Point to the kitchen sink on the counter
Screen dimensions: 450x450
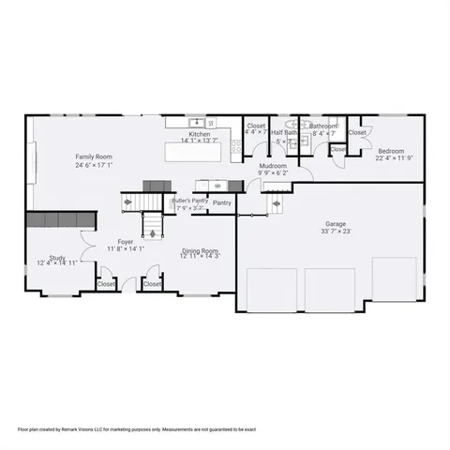(x=197, y=123)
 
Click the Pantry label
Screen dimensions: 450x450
(x=222, y=202)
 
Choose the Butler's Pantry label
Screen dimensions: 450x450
(x=188, y=200)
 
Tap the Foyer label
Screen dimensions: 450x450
(x=125, y=242)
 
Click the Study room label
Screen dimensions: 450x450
(x=57, y=257)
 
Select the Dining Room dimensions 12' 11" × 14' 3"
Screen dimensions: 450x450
(x=200, y=256)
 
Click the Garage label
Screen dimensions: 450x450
(x=336, y=224)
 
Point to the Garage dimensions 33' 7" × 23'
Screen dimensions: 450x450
(x=336, y=232)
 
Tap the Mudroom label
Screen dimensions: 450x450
(x=273, y=166)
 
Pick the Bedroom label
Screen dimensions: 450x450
(x=391, y=151)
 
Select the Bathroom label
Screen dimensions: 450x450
(x=323, y=126)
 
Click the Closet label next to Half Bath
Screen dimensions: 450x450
(x=256, y=126)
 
